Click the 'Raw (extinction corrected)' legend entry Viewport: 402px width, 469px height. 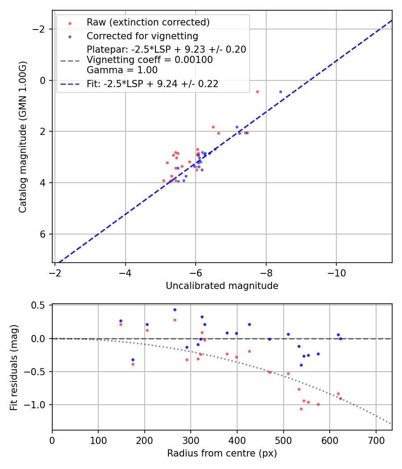[148, 22]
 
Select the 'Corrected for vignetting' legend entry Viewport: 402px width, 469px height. [142, 36]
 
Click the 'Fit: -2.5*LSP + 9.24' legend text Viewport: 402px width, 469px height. [152, 84]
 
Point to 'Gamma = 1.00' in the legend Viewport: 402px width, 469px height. [122, 70]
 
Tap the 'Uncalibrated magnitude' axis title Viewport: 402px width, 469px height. [222, 286]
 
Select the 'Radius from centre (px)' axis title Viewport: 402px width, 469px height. [222, 453]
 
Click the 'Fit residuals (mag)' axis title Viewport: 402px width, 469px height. [14, 367]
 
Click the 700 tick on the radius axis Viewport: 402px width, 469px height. [376, 440]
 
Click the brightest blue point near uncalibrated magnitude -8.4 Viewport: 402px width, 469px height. [281, 92]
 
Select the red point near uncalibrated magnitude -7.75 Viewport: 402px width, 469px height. [257, 92]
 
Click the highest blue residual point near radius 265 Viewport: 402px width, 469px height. [175, 310]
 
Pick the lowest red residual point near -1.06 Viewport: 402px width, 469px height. [301, 409]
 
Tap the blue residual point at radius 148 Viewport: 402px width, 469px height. [121, 321]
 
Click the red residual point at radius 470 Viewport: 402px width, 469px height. [269, 372]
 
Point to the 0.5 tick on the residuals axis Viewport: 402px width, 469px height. [41, 306]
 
